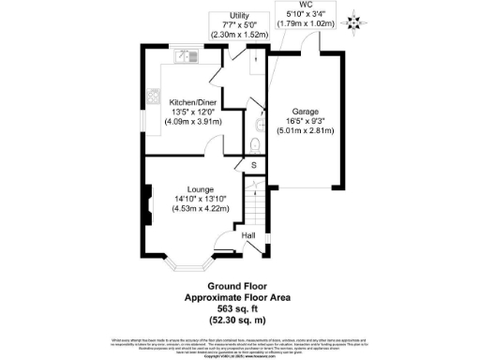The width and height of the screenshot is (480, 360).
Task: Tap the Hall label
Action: click(x=248, y=235)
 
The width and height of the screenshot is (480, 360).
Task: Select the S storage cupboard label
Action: click(x=251, y=166)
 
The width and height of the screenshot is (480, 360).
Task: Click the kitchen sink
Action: click(x=187, y=56)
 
